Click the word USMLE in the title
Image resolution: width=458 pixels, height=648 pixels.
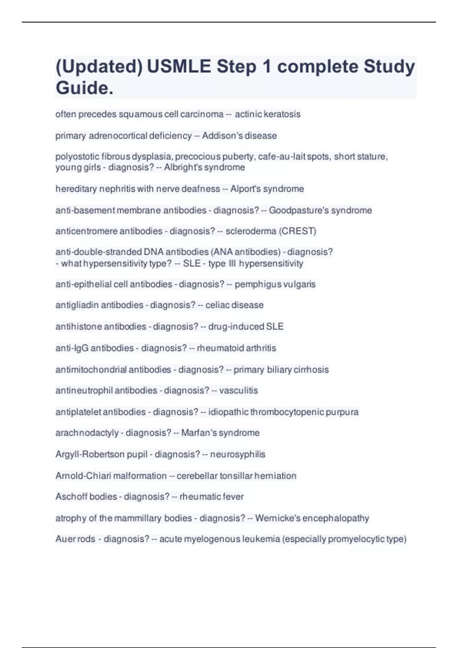pyautogui.click(x=179, y=67)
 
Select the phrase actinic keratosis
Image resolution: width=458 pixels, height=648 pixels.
pyautogui.click(x=268, y=114)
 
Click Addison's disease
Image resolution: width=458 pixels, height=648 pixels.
pyautogui.click(x=239, y=136)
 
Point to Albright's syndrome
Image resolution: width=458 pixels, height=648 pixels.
pyautogui.click(x=205, y=167)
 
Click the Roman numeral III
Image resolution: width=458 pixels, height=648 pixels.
pyautogui.click(x=232, y=263)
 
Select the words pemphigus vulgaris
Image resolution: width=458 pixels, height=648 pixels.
pyautogui.click(x=275, y=284)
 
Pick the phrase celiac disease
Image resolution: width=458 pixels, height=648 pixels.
pyautogui.click(x=234, y=305)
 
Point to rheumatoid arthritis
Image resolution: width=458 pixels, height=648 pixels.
pyautogui.click(x=236, y=348)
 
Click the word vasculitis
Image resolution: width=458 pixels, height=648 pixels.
pyautogui.click(x=239, y=390)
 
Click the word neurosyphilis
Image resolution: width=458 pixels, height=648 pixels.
pyautogui.click(x=237, y=454)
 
